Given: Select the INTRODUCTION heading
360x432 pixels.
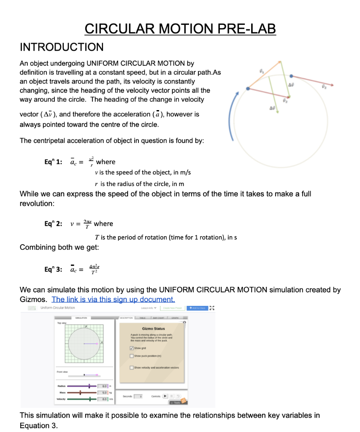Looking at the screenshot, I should click(x=62, y=47).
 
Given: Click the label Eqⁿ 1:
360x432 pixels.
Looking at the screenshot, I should click(x=53, y=162).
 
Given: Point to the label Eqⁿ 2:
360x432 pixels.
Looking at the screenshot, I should click(x=53, y=224).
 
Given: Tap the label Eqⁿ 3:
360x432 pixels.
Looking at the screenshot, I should click(x=53, y=269).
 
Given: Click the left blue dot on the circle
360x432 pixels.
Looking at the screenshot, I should click(x=248, y=89).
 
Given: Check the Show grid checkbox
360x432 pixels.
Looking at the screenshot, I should click(x=132, y=348).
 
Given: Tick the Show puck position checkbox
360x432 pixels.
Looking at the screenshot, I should click(x=132, y=357).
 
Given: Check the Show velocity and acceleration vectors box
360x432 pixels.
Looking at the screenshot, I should click(x=132, y=367).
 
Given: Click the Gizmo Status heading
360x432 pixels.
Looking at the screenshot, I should click(x=154, y=328).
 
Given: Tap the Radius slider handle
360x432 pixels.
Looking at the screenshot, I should click(x=89, y=386).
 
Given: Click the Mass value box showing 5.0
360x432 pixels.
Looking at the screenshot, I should click(x=103, y=392).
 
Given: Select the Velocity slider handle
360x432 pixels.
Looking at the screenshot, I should click(x=89, y=399).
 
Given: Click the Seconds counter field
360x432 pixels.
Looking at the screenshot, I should click(x=141, y=396).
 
